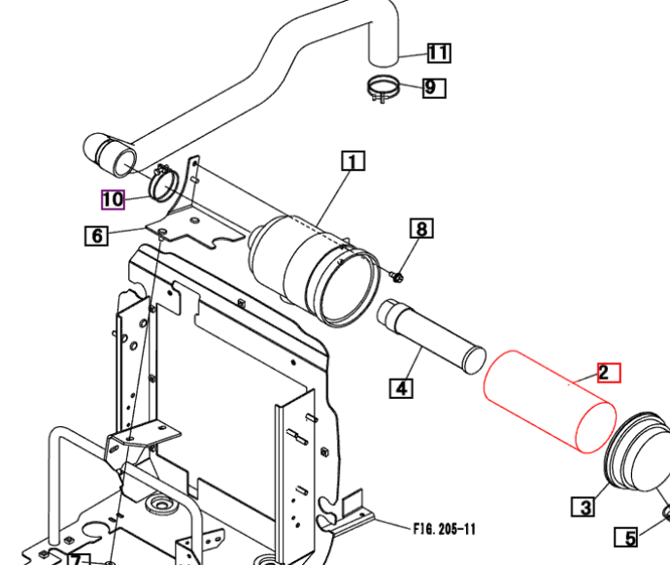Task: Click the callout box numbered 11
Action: point(439,53)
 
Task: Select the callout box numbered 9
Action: point(434,88)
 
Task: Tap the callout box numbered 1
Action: point(353,160)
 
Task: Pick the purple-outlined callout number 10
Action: point(113,200)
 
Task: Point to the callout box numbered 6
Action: point(96,236)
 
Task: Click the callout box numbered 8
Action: point(421,228)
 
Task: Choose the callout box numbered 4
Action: point(401,388)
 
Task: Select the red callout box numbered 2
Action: point(609,373)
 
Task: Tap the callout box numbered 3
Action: point(583,506)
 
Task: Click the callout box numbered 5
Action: point(626,537)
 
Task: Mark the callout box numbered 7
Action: point(79,559)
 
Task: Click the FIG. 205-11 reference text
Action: point(445,529)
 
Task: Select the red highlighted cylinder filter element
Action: point(550,402)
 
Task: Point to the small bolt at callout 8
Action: point(397,278)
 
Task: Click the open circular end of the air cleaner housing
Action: point(350,287)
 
